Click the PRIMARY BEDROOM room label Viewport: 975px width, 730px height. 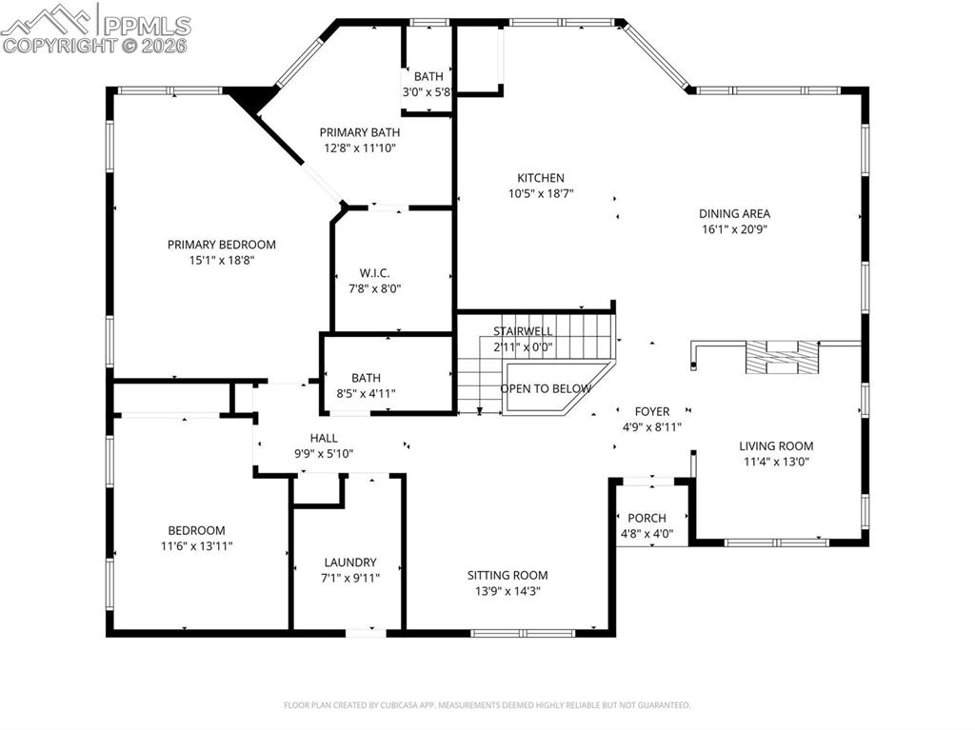[x=222, y=245]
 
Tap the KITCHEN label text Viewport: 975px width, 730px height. [x=541, y=178]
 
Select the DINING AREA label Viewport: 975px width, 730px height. [x=734, y=214]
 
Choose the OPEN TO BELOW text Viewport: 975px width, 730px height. [x=546, y=388]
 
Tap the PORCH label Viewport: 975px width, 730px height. [x=647, y=518]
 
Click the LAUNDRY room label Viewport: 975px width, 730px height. [x=349, y=562]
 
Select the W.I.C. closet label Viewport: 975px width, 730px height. [x=374, y=273]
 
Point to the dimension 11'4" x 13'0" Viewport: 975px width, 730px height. [x=776, y=462]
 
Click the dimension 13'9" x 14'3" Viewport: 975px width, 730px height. [x=507, y=591]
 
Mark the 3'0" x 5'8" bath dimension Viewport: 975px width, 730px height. [x=427, y=92]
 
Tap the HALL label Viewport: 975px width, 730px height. [x=324, y=438]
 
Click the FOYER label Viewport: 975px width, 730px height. [x=652, y=411]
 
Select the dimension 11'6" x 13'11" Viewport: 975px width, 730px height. [x=197, y=546]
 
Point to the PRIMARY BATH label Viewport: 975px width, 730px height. [x=359, y=132]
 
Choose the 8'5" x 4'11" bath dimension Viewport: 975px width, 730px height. [x=366, y=393]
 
